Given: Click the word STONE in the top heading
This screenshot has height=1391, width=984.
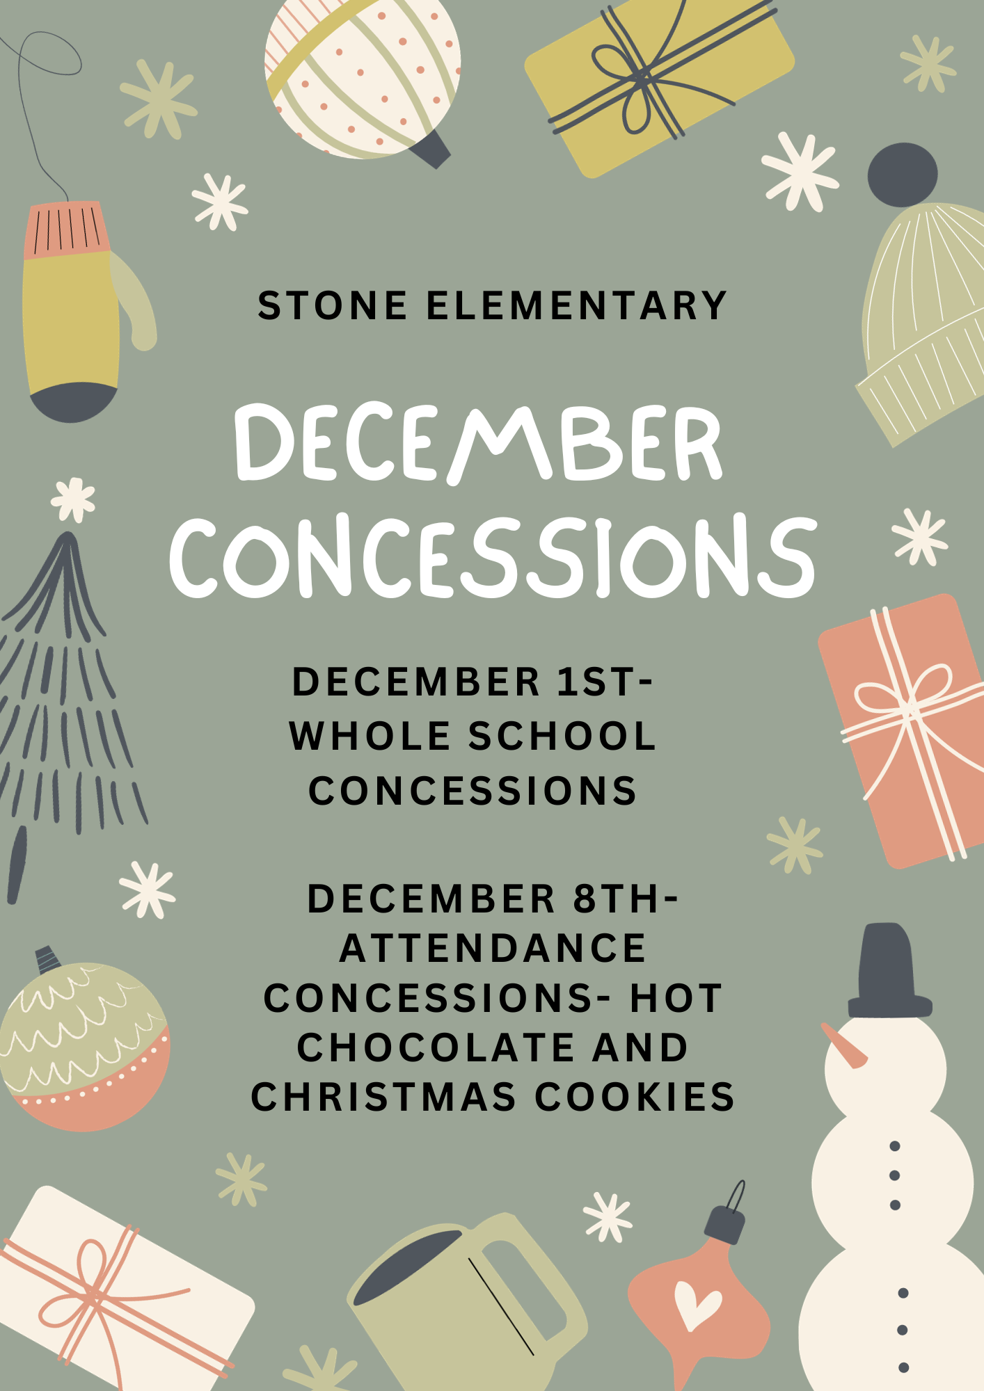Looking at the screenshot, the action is click(x=333, y=306).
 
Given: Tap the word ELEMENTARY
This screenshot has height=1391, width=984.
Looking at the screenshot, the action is click(x=577, y=306).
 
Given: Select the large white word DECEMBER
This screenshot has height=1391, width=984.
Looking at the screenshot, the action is click(x=479, y=443).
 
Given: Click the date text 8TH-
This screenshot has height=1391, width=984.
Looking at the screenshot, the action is click(x=625, y=899).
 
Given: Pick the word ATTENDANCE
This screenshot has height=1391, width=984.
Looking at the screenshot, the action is click(x=493, y=948).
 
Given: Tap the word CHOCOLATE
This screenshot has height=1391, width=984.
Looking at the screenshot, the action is click(x=436, y=1047).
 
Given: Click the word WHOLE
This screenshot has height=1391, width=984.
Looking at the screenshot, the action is click(x=370, y=736).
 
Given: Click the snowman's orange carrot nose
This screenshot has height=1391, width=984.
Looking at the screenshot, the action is click(x=843, y=1045).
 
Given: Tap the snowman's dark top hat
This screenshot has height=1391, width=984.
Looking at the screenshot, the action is click(x=889, y=970).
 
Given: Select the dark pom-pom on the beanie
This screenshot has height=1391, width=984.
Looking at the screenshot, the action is click(x=903, y=175).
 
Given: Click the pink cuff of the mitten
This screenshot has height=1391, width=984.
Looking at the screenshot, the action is click(x=67, y=229).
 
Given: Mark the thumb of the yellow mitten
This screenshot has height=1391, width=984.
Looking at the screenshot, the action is click(x=136, y=301).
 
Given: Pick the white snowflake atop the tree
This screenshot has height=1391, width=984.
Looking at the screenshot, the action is click(x=73, y=499).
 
